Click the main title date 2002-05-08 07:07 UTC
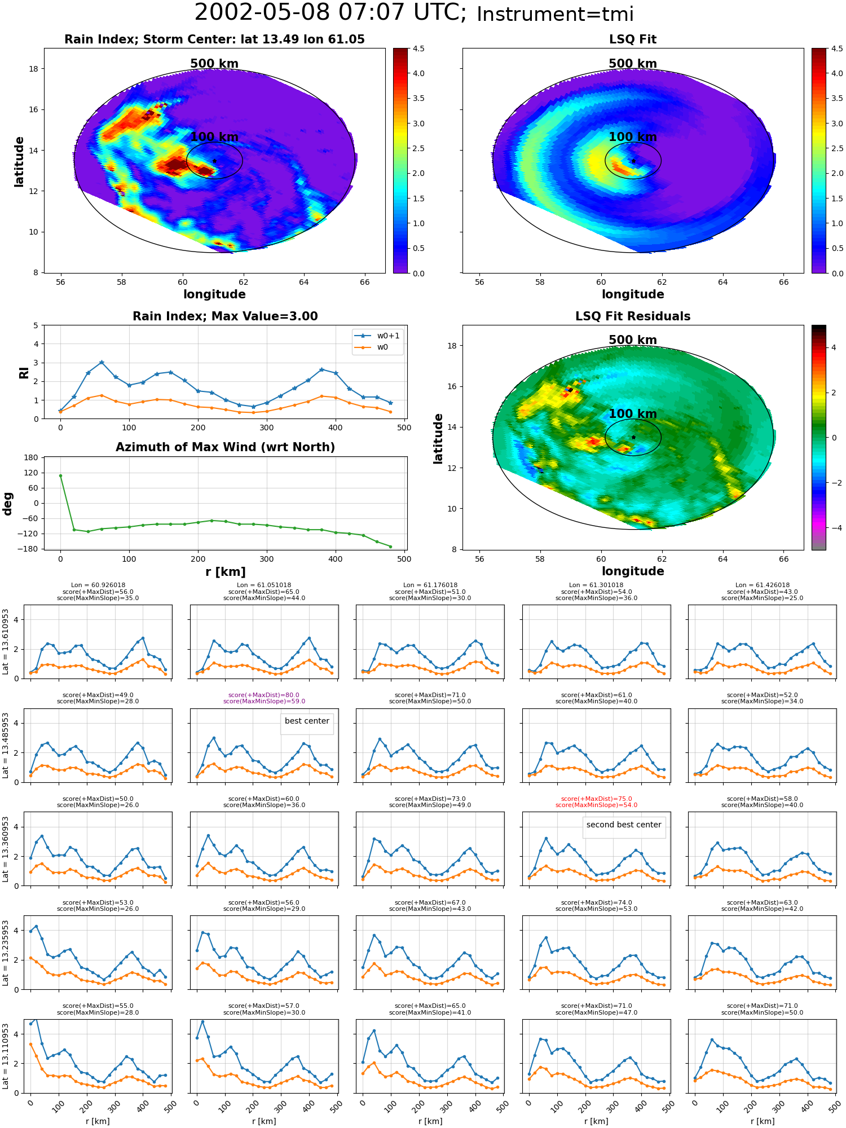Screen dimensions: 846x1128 pyautogui.click(x=331, y=13)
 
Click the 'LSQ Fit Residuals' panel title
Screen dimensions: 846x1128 pyautogui.click(x=633, y=316)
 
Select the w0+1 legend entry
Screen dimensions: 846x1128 pyautogui.click(x=377, y=336)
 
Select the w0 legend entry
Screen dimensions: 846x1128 pyautogui.click(x=372, y=347)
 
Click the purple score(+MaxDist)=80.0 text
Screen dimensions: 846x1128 pyautogui.click(x=264, y=695)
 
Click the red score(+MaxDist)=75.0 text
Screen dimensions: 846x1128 pyautogui.click(x=596, y=799)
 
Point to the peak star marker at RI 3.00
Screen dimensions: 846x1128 pyautogui.click(x=102, y=362)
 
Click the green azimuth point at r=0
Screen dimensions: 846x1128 pyautogui.click(x=60, y=475)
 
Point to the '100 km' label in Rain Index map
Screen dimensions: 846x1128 pyautogui.click(x=214, y=137)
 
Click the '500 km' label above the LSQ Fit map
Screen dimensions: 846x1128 pyautogui.click(x=633, y=64)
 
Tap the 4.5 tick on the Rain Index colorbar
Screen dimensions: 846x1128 pyautogui.click(x=418, y=49)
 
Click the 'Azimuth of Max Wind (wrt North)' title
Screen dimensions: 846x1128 pyautogui.click(x=225, y=447)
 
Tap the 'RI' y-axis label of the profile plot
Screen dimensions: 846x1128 pyautogui.click(x=24, y=372)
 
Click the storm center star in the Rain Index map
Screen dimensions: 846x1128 pyautogui.click(x=214, y=161)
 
